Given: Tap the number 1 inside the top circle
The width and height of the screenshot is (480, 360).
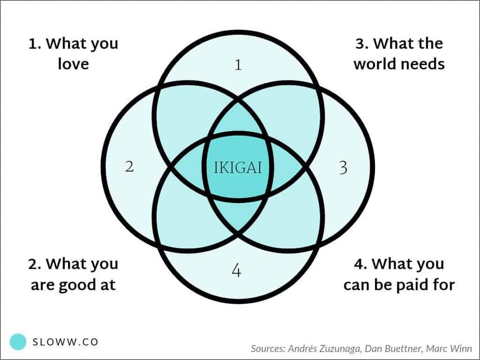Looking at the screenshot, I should coord(238,65).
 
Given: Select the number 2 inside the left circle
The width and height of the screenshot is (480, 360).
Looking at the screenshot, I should coord(129,166).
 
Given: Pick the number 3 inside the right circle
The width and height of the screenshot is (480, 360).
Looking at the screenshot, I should coord(343,167).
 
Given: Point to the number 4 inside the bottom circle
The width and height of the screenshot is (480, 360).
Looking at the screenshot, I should coord(237,271).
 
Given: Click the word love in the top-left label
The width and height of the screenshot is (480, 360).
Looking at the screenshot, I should coord(73,64).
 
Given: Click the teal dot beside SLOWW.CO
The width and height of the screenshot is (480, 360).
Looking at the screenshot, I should coord(18,342).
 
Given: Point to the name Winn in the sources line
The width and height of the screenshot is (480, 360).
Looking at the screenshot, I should coord(462,349).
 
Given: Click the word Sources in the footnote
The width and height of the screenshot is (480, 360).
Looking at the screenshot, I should coord(268,349).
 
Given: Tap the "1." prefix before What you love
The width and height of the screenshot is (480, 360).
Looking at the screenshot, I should coord(34,44).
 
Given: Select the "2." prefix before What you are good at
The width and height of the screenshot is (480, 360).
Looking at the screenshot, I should coord(34,263).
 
